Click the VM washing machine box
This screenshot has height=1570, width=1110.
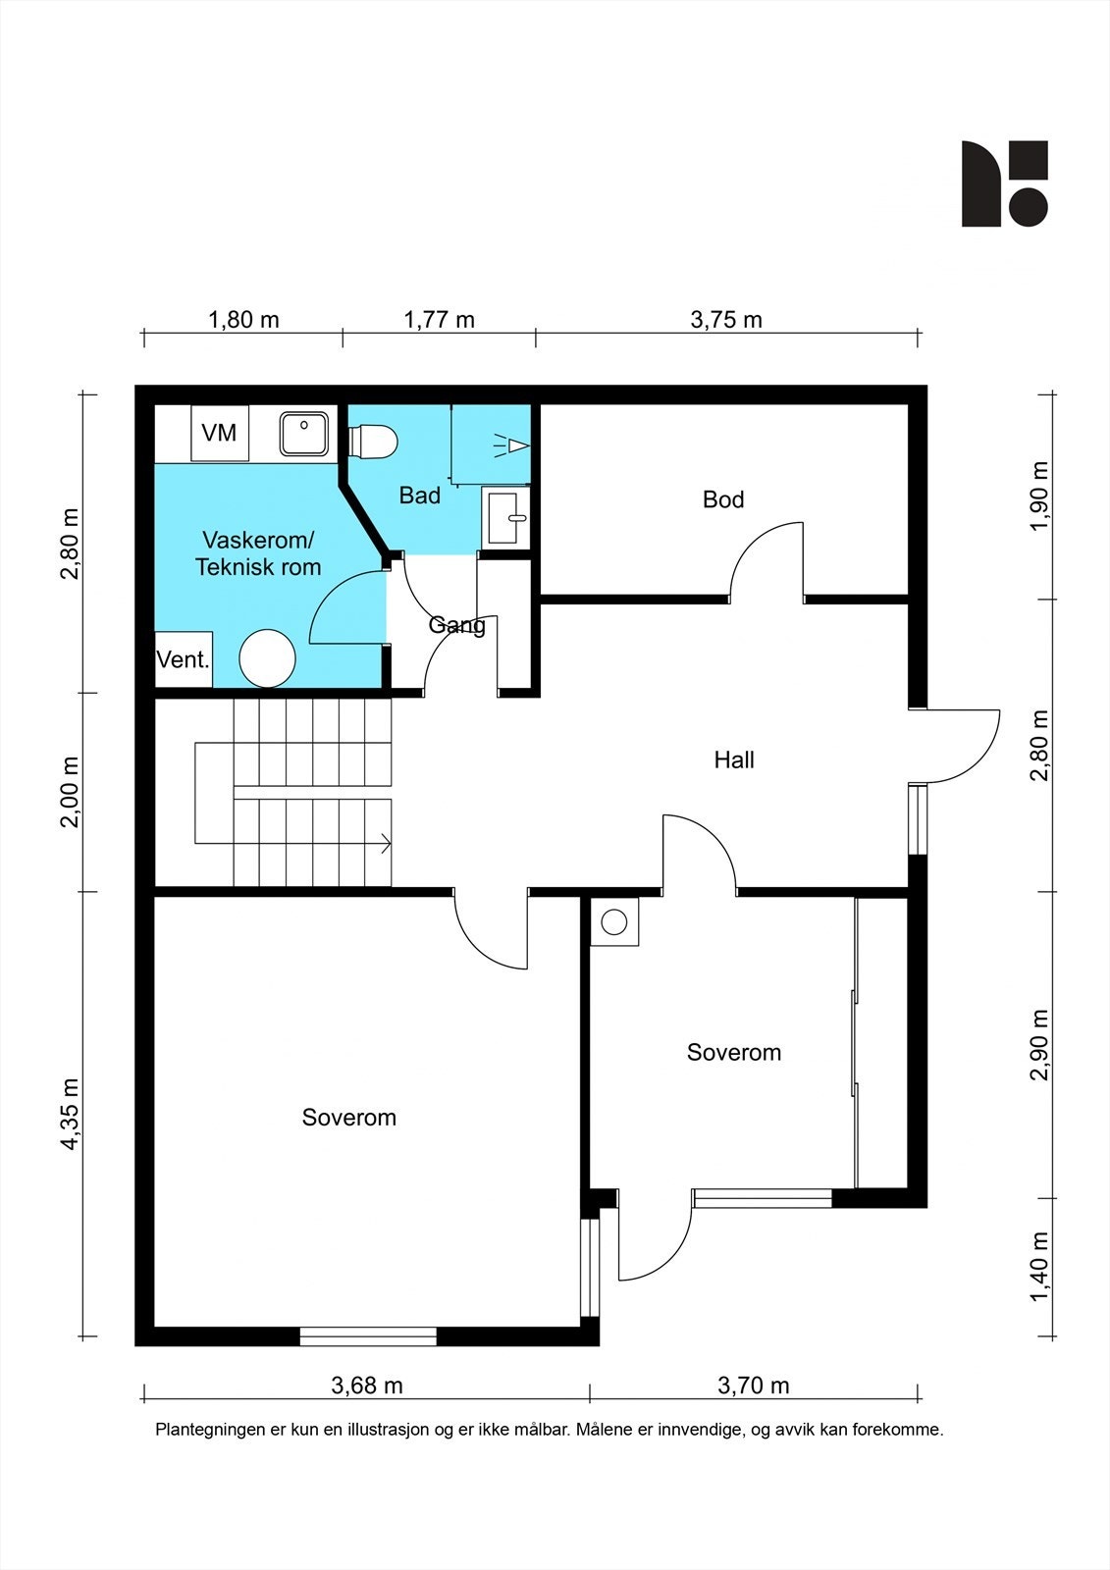(220, 433)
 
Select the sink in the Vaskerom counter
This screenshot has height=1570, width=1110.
(303, 433)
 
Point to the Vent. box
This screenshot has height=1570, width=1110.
(183, 658)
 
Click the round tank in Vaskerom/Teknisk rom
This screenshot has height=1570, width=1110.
(267, 658)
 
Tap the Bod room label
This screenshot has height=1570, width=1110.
(723, 499)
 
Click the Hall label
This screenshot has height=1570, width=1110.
(734, 759)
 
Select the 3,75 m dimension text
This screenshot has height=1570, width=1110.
(726, 320)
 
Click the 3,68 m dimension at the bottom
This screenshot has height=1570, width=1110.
(367, 1386)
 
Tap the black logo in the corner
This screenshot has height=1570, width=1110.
(1004, 183)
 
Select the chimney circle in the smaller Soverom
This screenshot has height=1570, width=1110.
(614, 922)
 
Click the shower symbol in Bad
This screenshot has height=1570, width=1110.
(512, 445)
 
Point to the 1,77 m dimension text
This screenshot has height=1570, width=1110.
(439, 320)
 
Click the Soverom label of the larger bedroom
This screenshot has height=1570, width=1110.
(349, 1118)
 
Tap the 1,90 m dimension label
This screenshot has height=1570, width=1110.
(1040, 497)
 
